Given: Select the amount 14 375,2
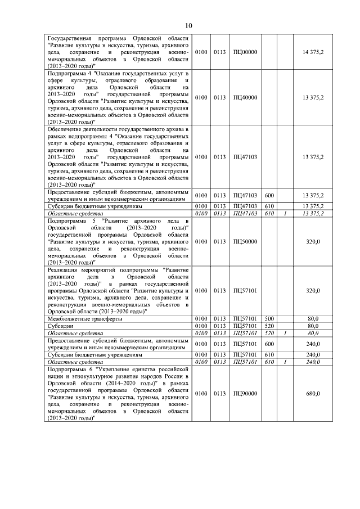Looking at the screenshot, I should click(313, 51).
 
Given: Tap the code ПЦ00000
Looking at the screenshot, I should click(245, 51).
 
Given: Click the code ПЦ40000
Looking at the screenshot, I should click(245, 97).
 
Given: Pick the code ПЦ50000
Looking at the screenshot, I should click(245, 241).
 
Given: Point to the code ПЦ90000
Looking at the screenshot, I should click(245, 393).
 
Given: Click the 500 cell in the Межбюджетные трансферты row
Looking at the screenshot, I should click(268, 318).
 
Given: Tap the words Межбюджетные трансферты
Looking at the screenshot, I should click(85, 318).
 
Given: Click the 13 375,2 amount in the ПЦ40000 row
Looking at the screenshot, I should click(313, 97).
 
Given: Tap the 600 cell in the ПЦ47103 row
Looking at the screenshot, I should click(269, 195).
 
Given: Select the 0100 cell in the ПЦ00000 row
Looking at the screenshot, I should click(200, 51).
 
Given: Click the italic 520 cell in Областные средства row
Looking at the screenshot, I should click(268, 332).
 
